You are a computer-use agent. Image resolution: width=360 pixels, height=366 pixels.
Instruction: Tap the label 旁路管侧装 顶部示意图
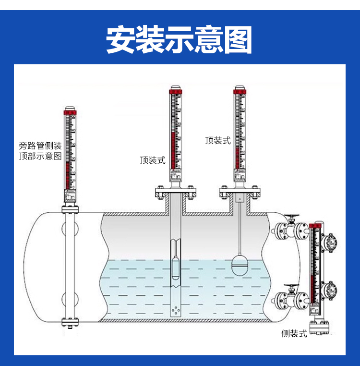40,151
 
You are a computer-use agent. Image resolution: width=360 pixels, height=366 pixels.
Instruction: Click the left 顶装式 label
153,160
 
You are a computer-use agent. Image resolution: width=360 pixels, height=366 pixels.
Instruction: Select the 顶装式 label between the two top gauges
218,141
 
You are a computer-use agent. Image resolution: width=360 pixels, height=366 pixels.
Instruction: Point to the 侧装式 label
294,333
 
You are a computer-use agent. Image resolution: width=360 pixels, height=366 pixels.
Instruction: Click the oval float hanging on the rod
240,263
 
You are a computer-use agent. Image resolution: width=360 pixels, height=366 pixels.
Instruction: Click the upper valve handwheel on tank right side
291,217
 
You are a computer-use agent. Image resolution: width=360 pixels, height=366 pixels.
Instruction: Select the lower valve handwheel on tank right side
291,288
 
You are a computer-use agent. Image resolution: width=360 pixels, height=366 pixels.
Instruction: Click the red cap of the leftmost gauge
70,113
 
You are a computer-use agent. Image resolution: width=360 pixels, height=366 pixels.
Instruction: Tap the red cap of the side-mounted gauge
315,225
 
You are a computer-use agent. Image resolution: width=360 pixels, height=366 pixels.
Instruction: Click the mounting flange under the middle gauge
175,193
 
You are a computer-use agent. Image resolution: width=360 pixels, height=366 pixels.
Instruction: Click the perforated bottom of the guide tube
176,310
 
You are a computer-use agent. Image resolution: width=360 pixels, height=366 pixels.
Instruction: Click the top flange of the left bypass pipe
70,209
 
